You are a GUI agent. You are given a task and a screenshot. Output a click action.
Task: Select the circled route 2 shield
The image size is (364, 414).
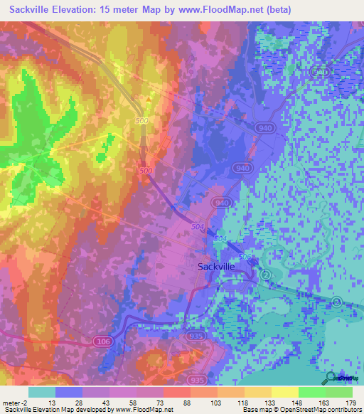click(265, 275)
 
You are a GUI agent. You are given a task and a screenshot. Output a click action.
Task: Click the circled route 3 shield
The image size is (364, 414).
click(336, 303)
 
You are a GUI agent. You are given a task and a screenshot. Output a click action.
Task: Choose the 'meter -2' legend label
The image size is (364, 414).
click(16, 403)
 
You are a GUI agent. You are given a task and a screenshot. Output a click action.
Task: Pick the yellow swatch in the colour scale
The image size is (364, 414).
click(284, 392)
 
